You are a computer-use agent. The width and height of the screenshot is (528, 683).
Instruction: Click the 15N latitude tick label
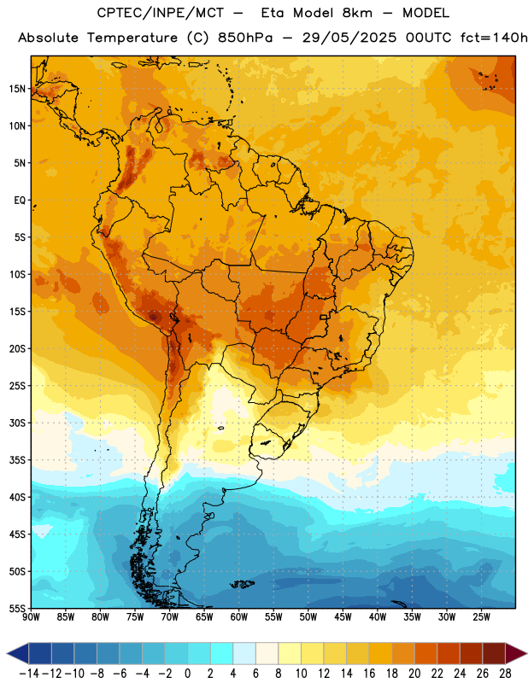[x=17, y=89]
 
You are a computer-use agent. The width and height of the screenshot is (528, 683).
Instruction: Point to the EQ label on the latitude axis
[x=20, y=201]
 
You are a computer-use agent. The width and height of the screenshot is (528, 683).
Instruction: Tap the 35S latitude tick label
[x=17, y=460]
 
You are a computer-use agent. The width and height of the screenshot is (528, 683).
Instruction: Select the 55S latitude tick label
[x=17, y=608]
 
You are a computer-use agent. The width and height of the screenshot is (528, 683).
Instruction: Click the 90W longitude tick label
[x=31, y=616]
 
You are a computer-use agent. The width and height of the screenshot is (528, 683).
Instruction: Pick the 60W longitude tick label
[x=239, y=616]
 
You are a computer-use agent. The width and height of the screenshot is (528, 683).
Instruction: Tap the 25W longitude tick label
[x=481, y=616]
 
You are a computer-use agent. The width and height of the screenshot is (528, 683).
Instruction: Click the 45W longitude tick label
[x=343, y=616]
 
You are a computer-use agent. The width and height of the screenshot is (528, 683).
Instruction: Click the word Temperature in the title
[x=132, y=38]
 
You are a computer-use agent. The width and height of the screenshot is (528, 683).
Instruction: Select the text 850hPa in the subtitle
[x=245, y=38]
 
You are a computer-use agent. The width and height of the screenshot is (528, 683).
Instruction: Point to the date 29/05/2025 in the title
[x=349, y=38]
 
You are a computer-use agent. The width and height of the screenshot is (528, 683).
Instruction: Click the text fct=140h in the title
[x=494, y=38]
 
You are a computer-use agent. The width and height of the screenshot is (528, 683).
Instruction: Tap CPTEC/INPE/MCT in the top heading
[x=160, y=13]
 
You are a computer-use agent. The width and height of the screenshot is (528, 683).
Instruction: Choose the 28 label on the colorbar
[x=505, y=674]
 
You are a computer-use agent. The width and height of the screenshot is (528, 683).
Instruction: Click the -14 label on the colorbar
[x=29, y=674]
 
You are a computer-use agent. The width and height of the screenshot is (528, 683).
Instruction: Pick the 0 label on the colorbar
[x=187, y=674]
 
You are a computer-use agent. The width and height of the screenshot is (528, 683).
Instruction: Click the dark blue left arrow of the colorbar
[x=17, y=653]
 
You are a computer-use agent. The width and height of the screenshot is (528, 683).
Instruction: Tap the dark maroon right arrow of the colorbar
[x=516, y=653]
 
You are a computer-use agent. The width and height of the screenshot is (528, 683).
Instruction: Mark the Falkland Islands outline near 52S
[x=242, y=584]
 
